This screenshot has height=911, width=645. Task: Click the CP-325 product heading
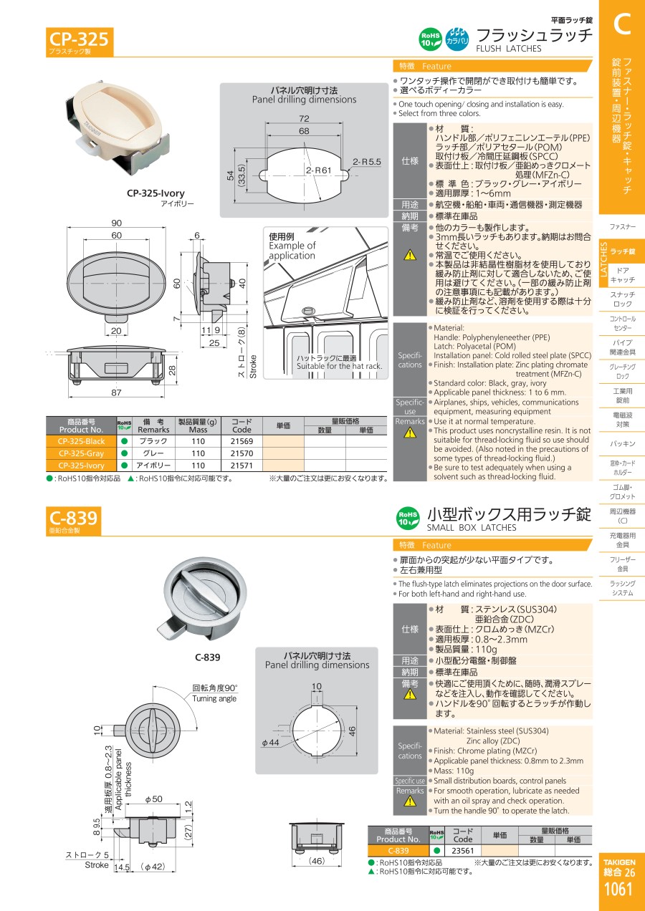pos(79,39)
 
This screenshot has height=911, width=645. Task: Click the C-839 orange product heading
pos(73,518)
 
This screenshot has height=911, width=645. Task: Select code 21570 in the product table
pos(242,453)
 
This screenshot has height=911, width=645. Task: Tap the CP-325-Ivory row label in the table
pos(82,466)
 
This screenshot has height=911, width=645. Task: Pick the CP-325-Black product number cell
pos(82,441)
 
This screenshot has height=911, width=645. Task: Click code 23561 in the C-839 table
pos(463,850)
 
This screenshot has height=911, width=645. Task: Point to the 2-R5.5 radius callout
pos(367,162)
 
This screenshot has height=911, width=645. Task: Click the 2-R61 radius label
pos(319,170)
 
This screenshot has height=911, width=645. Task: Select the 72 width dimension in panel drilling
pos(304,118)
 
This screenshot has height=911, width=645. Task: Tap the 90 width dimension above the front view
pos(116,223)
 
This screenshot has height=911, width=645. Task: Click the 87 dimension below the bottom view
pos(116,392)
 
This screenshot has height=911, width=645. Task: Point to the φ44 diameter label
pos(270,742)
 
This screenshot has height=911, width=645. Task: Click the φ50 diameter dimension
pos(154,799)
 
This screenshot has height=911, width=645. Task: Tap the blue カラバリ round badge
pos(457,39)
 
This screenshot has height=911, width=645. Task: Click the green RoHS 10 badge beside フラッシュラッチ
pos(431,39)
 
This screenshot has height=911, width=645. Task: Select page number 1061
pos(618,889)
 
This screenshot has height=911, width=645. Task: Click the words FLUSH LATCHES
pos(508,49)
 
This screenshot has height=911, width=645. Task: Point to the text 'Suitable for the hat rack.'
pos(340,366)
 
